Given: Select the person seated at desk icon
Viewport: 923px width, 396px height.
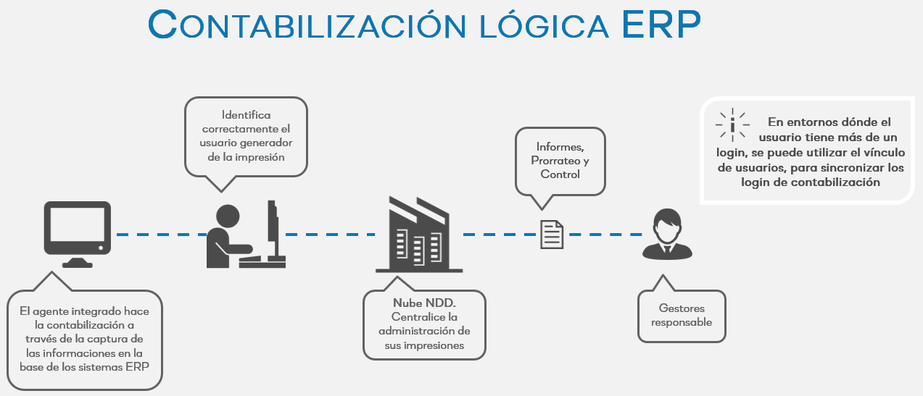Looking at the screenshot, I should [x=243, y=233].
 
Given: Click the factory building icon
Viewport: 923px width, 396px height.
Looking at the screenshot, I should [x=419, y=233].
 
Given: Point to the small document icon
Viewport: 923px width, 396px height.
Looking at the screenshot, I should [x=552, y=235].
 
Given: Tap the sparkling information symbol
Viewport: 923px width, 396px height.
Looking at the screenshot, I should [x=732, y=125].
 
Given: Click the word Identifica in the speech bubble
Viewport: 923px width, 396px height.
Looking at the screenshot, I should [x=247, y=115].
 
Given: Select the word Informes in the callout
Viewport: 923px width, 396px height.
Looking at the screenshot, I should [x=560, y=147].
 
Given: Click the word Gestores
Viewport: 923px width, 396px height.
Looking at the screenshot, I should [x=682, y=308].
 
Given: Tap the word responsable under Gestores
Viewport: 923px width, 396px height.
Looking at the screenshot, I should [x=682, y=322].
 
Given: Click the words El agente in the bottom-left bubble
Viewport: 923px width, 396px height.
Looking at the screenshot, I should [x=47, y=311].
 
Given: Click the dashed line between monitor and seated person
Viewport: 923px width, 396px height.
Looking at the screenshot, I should [x=159, y=235].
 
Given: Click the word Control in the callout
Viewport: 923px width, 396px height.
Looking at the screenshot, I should [x=560, y=174].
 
